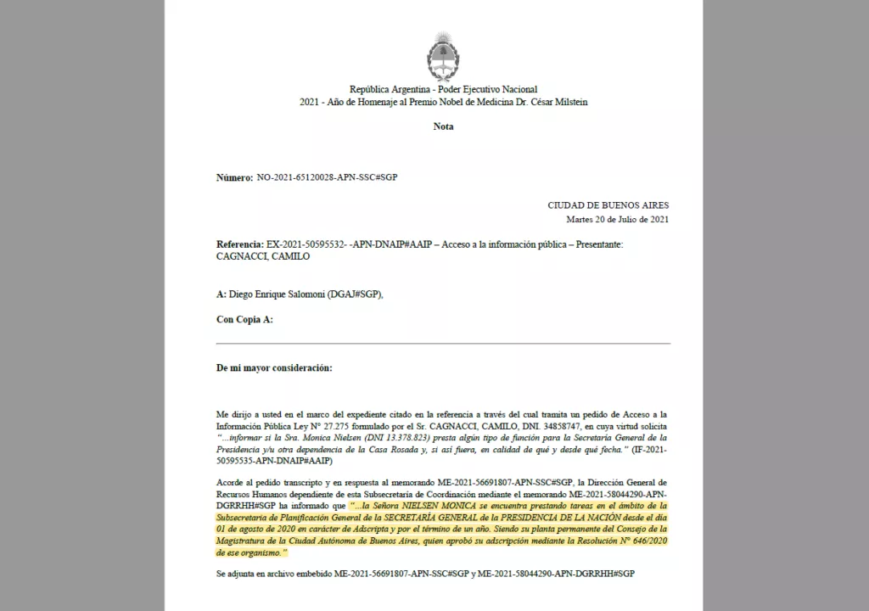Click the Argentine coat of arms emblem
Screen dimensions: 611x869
click(443, 54)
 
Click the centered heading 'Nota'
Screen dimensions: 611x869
click(443, 126)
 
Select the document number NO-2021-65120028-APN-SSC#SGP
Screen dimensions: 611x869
click(327, 177)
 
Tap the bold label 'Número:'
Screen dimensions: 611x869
click(234, 177)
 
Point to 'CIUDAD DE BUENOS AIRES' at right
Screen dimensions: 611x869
click(608, 205)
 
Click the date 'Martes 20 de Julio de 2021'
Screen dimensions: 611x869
click(618, 220)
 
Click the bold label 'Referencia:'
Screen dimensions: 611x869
click(240, 244)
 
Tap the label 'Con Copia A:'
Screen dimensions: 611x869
click(244, 319)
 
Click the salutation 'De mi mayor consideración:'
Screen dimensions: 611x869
click(274, 367)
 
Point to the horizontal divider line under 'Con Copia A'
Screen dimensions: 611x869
click(443, 343)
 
